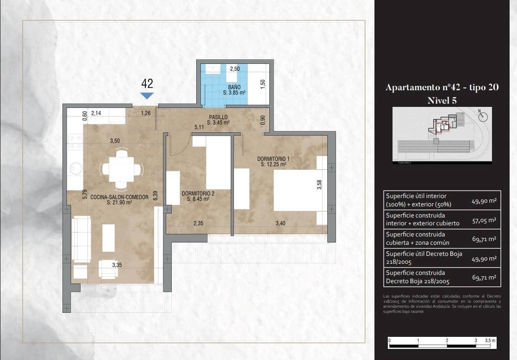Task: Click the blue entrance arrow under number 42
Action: (147, 96)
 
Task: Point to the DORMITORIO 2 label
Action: (198, 196)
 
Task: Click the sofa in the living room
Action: (81, 239)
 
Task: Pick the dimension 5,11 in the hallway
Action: (199, 127)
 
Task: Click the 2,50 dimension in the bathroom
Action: (236, 69)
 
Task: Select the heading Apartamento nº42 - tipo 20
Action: (442, 87)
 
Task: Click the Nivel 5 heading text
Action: (442, 100)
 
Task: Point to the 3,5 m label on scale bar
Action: (490, 340)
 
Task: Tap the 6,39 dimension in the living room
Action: (156, 196)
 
